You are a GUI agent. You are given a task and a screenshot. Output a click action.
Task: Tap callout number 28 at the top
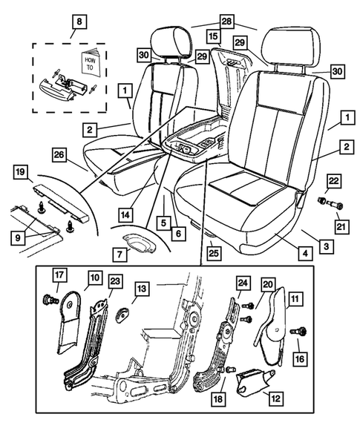point(226,21)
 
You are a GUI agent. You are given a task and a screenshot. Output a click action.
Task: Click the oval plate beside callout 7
point(137,241)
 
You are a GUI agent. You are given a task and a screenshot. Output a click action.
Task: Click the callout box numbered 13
point(142,287)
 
